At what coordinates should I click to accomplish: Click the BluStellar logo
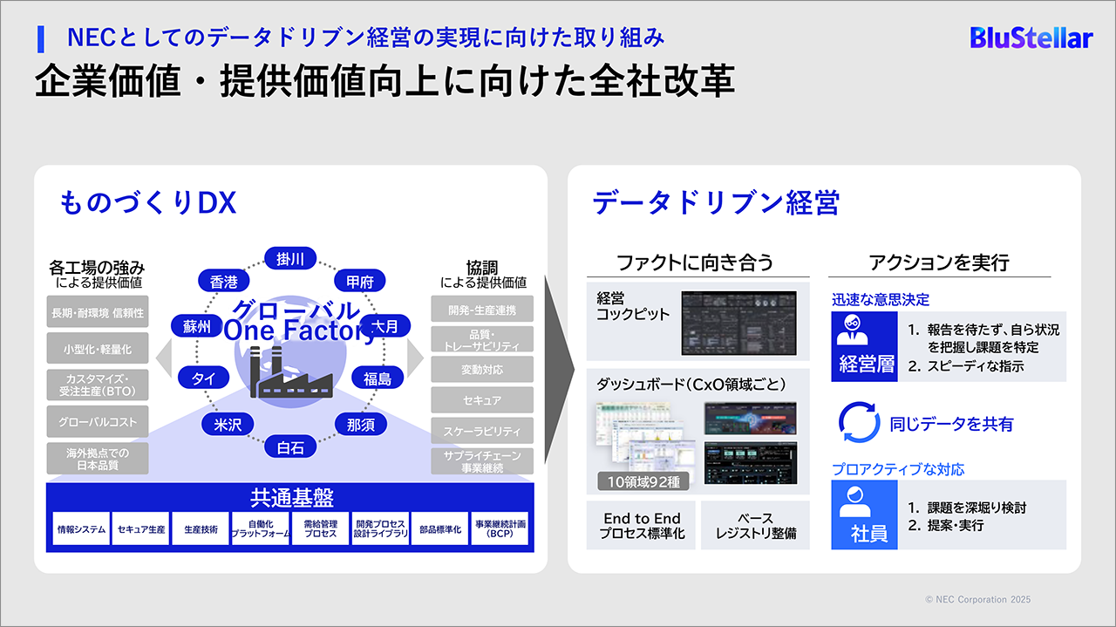1031,37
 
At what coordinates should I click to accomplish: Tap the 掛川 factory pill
290,259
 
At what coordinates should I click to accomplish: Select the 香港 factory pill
224,282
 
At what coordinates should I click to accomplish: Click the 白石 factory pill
290,447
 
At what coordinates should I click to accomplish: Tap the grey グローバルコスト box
98,422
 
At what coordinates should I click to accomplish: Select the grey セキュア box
482,400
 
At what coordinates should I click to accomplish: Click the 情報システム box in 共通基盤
81,528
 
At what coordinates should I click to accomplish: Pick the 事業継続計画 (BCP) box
500,528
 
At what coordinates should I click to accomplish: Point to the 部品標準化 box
440,528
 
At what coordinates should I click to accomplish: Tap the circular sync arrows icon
859,423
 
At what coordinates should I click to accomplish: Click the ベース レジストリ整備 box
755,525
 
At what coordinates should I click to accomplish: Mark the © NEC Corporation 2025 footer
977,600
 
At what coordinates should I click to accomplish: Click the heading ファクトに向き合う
695,262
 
